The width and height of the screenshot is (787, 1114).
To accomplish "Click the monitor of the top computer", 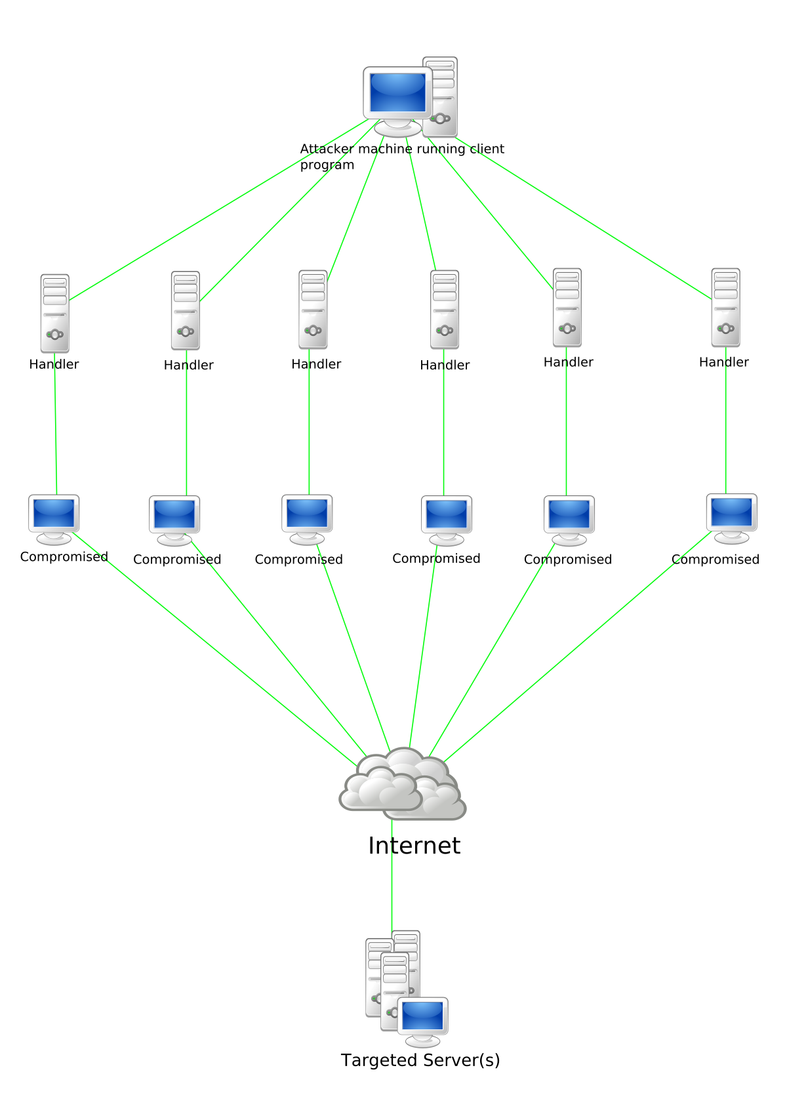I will (397, 93).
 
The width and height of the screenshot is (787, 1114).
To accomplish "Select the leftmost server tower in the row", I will (54, 314).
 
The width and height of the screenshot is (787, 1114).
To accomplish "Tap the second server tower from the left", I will (186, 311).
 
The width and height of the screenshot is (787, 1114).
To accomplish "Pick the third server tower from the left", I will (313, 310).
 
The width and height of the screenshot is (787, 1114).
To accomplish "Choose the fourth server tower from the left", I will (445, 310).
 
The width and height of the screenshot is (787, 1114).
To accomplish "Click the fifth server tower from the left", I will (567, 308).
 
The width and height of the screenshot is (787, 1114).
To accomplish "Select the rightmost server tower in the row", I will (726, 308).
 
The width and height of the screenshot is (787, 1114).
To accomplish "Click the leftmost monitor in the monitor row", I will (54, 514).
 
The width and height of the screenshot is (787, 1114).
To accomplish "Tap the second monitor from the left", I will (174, 516).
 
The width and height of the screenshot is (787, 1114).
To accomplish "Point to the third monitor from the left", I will (307, 514).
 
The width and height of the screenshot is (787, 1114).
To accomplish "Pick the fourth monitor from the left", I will (447, 516).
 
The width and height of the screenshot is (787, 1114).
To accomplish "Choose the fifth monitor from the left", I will (569, 516).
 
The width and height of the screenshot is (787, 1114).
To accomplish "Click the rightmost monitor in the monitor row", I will (731, 514).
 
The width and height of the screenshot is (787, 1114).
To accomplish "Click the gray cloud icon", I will (402, 785).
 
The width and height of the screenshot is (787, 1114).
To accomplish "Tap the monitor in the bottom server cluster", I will (423, 1018).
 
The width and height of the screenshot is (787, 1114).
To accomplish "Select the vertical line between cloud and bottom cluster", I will (392, 879).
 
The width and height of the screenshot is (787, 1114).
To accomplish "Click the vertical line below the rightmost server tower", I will (726, 426).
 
